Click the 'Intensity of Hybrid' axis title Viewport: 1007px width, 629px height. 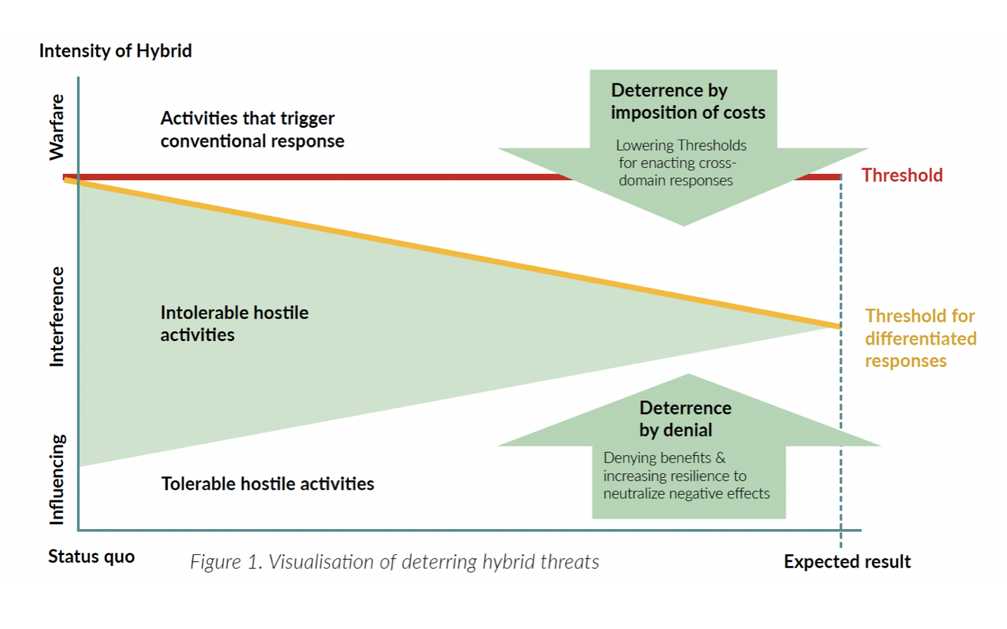pos(115,51)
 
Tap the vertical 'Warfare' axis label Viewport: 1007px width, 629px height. pos(57,127)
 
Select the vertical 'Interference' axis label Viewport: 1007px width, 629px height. pos(57,317)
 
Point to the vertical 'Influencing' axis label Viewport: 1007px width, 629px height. pos(57,479)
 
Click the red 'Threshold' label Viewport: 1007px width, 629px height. pos(902,175)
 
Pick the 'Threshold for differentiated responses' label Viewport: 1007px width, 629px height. pos(921,338)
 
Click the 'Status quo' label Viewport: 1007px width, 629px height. pos(91,557)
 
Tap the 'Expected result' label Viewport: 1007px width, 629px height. pos(847,562)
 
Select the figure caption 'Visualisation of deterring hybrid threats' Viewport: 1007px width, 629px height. pos(434,562)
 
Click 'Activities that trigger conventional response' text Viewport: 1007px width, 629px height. pos(252,129)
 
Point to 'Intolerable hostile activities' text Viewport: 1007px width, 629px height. pos(234,324)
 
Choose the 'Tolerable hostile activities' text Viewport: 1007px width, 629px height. pos(267,484)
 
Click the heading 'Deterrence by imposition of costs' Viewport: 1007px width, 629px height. pos(688,101)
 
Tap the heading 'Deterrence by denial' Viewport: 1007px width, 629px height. pos(685,419)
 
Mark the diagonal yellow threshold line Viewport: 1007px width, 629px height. pos(452,254)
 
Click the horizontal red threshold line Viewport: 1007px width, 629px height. pos(452,177)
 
